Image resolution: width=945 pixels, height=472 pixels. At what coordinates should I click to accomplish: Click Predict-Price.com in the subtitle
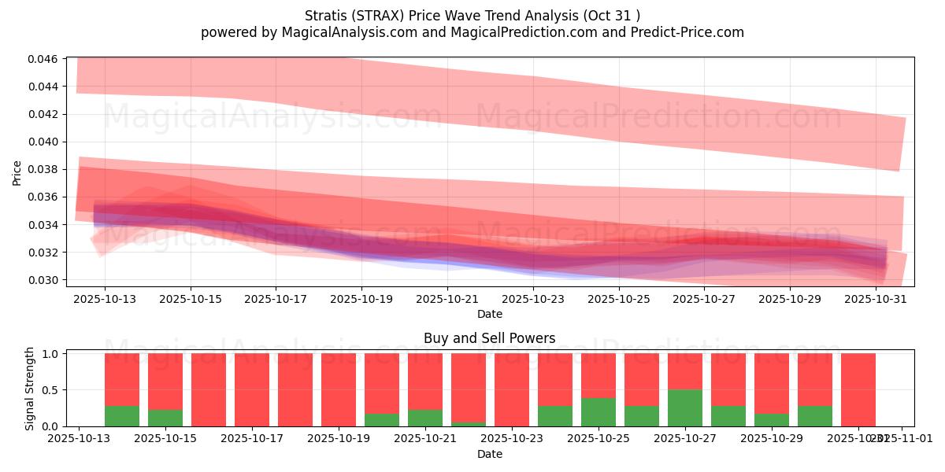(x=687, y=32)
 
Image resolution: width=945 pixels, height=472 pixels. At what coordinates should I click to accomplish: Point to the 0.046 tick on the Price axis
(x=43, y=59)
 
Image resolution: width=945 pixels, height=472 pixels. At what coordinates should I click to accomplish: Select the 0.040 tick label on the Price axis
(x=43, y=142)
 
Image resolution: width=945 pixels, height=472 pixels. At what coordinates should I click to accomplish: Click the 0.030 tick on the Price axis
(x=43, y=280)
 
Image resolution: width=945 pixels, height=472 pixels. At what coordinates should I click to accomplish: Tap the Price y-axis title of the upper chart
(x=17, y=172)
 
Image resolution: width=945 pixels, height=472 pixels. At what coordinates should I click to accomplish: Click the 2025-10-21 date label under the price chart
(x=447, y=300)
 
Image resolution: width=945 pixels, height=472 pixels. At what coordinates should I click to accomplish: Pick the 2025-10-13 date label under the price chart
(x=105, y=300)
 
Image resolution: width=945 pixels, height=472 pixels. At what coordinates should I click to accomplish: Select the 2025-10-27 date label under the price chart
(x=705, y=300)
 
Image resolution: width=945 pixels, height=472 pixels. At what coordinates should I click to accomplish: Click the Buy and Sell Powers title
(x=489, y=338)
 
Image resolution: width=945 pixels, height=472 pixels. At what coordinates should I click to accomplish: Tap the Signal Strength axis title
(x=30, y=389)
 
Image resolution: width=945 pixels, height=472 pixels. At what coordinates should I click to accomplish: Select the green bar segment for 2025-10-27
(x=685, y=408)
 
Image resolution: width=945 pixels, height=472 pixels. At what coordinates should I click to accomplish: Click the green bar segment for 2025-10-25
(x=598, y=412)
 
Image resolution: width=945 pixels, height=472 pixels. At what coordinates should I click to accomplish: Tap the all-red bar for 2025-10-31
(x=858, y=389)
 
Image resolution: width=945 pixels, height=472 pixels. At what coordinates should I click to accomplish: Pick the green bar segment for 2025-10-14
(x=122, y=416)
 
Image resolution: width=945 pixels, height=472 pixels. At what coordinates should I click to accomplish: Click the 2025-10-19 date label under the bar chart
(x=337, y=438)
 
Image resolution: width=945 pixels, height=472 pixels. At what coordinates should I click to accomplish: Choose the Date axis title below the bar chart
(x=489, y=454)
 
